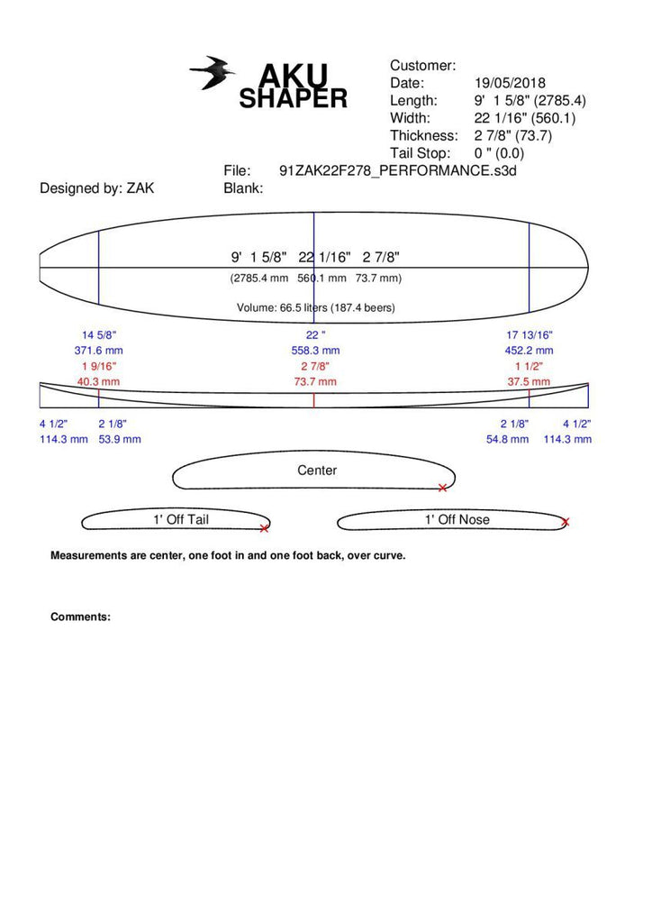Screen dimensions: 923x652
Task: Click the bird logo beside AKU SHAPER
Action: click(212, 73)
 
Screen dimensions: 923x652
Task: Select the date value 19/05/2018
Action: click(510, 83)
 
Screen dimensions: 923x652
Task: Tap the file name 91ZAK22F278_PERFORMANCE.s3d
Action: click(401, 170)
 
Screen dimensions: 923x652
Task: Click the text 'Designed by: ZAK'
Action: click(96, 188)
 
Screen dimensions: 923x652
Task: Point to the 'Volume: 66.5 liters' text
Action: click(315, 308)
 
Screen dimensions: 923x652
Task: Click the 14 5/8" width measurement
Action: click(99, 335)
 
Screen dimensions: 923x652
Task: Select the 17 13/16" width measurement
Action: click(530, 335)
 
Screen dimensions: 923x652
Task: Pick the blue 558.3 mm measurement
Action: click(316, 351)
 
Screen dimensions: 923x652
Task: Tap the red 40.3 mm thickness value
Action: click(99, 382)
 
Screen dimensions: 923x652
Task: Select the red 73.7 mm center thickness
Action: click(316, 382)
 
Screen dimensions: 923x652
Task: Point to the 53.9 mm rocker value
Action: click(119, 439)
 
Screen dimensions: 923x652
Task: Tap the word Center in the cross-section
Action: click(317, 471)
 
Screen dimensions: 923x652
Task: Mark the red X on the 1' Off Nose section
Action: click(566, 522)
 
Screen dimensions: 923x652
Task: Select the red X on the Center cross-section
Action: click(442, 488)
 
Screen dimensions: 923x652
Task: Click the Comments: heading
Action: click(80, 617)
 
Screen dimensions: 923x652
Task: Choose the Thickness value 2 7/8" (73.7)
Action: click(512, 136)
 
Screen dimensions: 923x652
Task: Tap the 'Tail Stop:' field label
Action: click(420, 153)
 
